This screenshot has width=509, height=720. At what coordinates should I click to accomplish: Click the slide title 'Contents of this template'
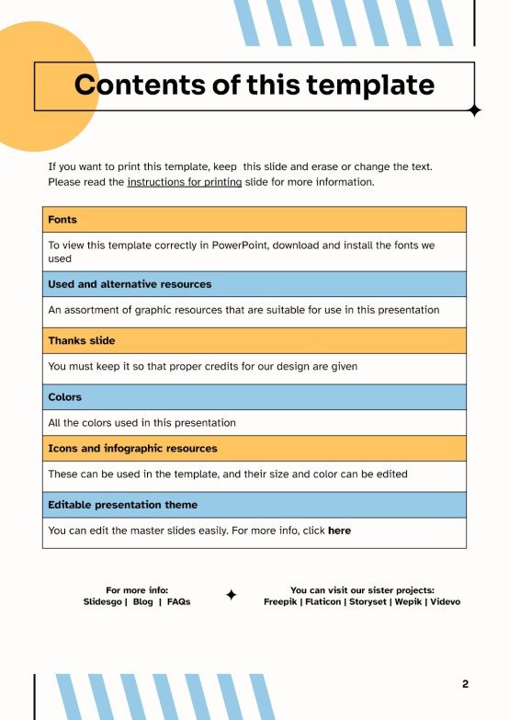coord(254,86)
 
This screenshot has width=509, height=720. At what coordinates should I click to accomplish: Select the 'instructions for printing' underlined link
coord(185,182)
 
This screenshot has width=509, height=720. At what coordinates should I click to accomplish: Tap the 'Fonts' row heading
coord(62,220)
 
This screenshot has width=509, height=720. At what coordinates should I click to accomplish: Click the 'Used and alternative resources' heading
coord(130,284)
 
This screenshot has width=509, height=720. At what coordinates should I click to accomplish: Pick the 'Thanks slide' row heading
coord(82,340)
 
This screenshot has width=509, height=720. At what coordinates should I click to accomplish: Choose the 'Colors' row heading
coord(65,397)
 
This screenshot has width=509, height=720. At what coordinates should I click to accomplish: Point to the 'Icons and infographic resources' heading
coord(132,449)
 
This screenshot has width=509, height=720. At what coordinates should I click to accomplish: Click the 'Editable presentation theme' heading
coord(122,505)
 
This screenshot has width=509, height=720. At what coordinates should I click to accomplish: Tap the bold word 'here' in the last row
coord(339,531)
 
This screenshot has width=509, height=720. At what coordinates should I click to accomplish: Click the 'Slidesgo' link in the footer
coord(102,602)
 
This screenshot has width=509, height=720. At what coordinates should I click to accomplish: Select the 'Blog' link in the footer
coord(142,602)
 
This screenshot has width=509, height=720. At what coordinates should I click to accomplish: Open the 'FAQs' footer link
coord(178,602)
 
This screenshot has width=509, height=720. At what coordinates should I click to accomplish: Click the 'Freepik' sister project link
coord(280,602)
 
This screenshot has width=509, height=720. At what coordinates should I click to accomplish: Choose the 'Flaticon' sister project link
coord(322,602)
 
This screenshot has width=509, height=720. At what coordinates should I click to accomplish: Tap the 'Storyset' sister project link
coord(368,602)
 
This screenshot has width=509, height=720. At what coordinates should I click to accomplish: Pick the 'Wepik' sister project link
coord(408,602)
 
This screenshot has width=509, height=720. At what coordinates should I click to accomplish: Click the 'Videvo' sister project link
coord(446,602)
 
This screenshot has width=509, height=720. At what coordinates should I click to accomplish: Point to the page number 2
coord(465,684)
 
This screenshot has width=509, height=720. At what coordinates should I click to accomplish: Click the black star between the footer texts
coord(232,595)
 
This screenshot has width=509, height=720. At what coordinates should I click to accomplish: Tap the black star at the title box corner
coord(474,110)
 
